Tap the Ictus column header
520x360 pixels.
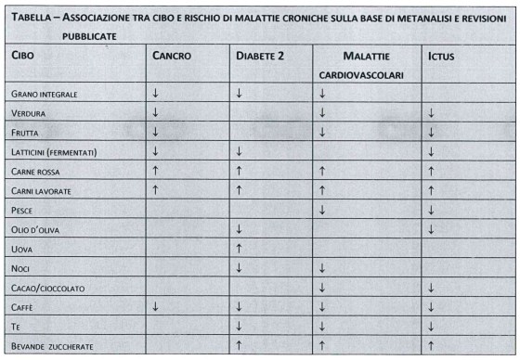441,56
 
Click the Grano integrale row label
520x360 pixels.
44,95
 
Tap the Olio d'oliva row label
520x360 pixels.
36,229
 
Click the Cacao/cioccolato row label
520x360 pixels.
47,288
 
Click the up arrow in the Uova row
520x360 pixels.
239,249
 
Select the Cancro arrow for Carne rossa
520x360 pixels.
155,171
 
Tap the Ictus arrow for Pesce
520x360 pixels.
432,210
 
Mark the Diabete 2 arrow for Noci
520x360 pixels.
239,268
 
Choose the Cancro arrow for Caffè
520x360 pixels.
155,307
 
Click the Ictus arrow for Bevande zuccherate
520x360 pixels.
432,346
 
